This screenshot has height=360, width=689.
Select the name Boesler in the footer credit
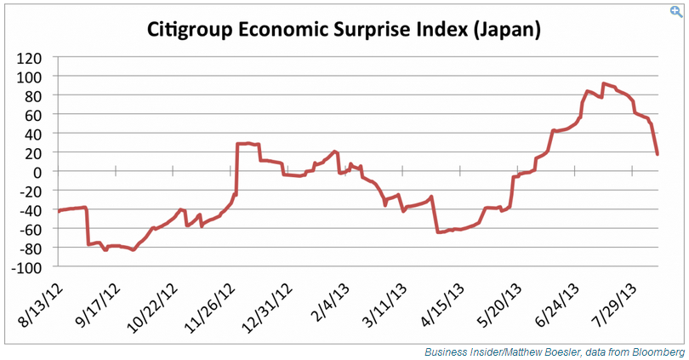point(554,351)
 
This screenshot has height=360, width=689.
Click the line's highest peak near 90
point(603,83)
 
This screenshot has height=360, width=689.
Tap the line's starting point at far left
point(58,210)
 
